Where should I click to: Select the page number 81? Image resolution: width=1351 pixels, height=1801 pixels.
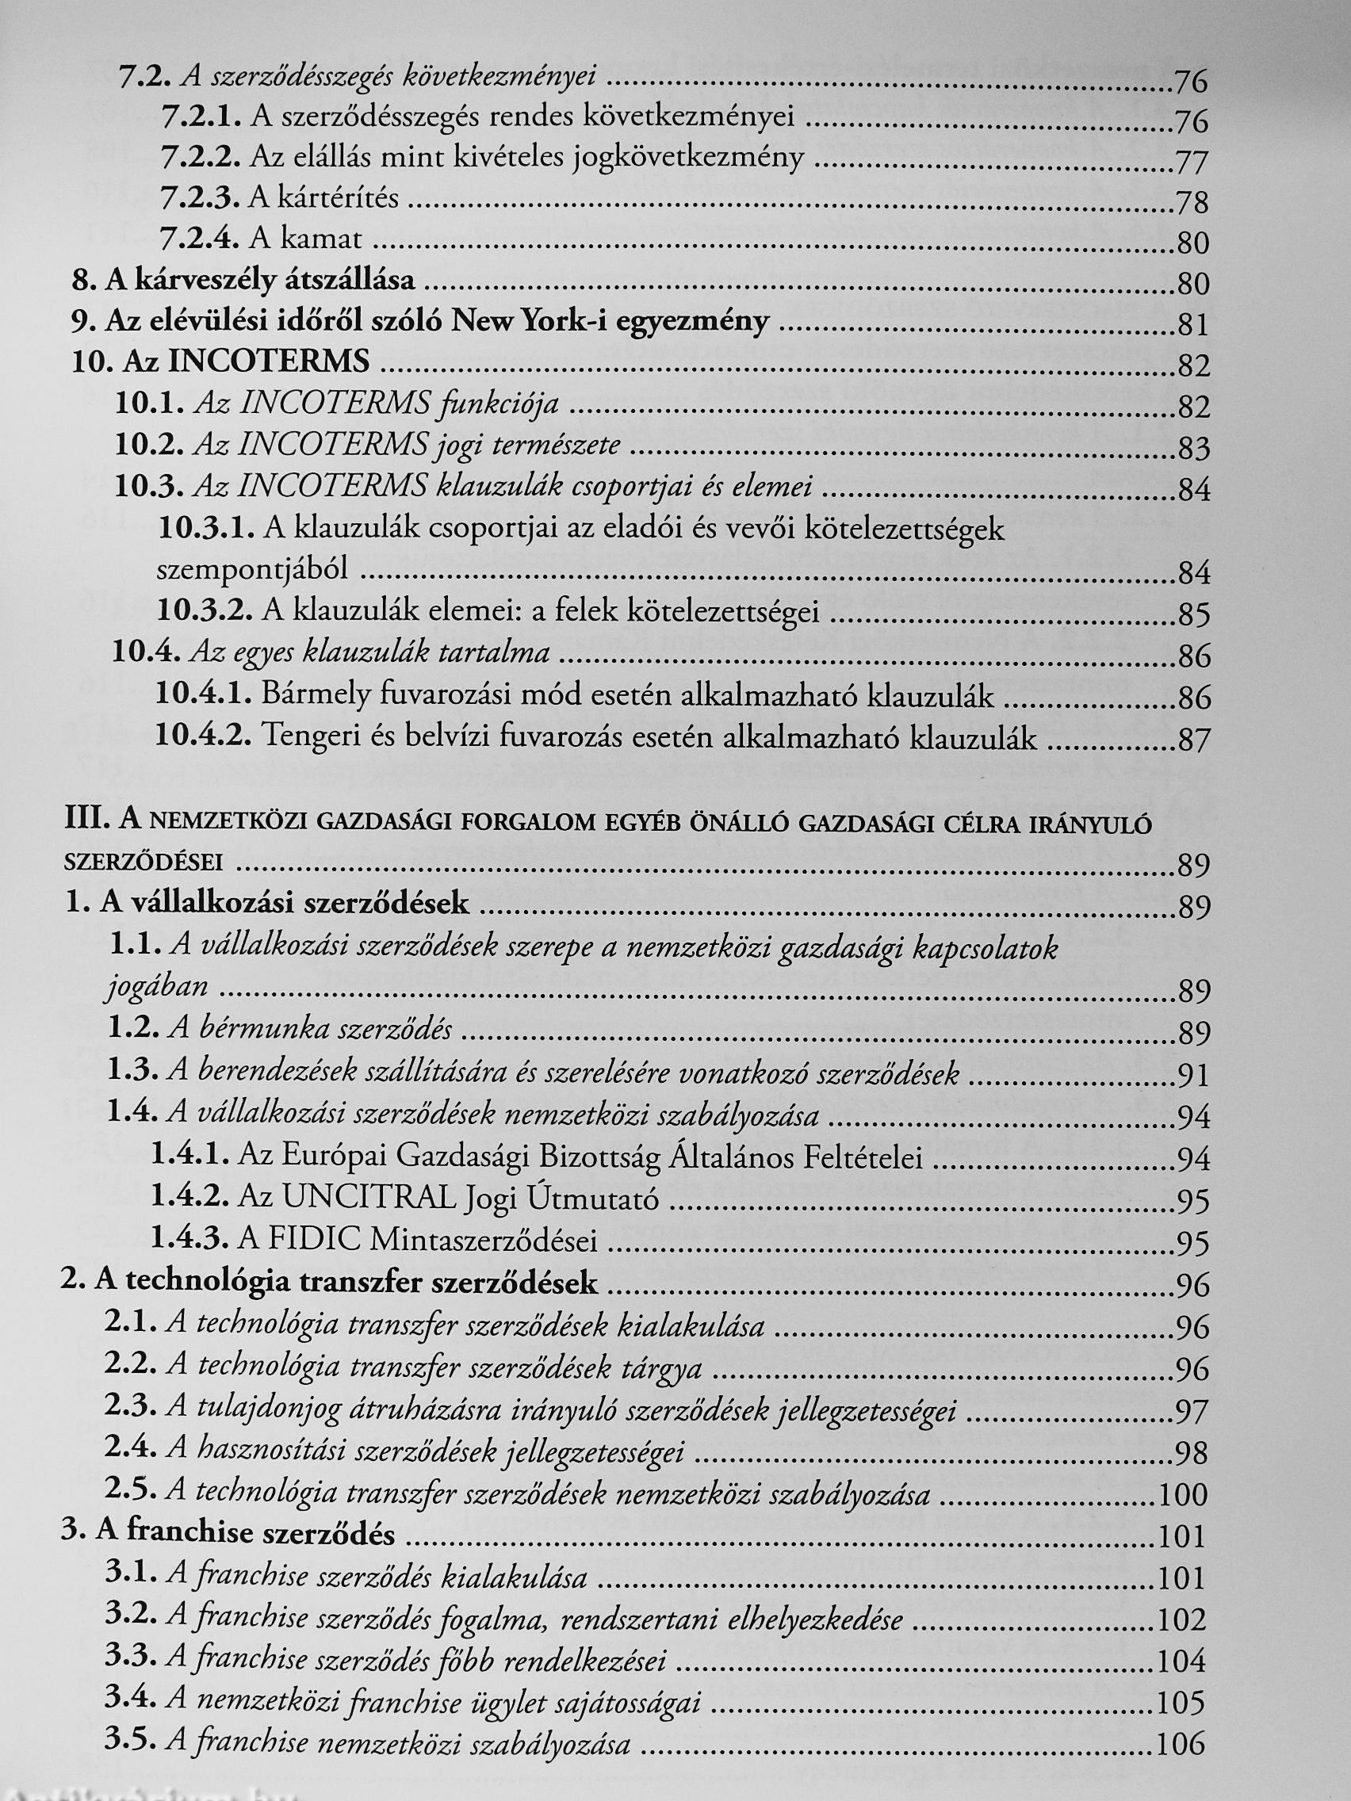click(1193, 326)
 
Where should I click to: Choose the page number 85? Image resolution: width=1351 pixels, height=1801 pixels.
click(1194, 616)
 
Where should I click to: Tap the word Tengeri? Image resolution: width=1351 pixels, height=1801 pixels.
click(309, 738)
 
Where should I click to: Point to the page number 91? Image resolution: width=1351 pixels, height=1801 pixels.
click(1194, 1076)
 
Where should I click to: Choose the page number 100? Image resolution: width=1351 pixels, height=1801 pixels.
click(1184, 1496)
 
